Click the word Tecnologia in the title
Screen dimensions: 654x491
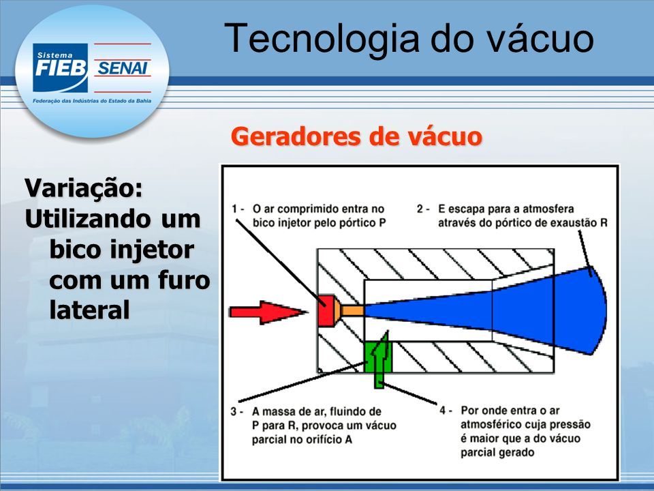(x=321, y=38)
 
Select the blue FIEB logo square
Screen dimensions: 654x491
(x=61, y=68)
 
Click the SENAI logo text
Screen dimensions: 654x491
(x=122, y=68)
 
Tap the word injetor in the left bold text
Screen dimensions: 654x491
(x=152, y=250)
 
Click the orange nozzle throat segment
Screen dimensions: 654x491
(x=352, y=311)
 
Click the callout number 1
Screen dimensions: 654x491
(x=235, y=209)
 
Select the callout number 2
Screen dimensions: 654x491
(x=420, y=209)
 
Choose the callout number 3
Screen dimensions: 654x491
(x=234, y=412)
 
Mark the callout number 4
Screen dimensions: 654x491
(x=443, y=411)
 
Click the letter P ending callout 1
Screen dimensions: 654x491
(x=382, y=223)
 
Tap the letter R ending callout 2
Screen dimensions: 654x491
(x=604, y=223)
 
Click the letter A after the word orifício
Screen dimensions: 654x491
(x=348, y=440)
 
